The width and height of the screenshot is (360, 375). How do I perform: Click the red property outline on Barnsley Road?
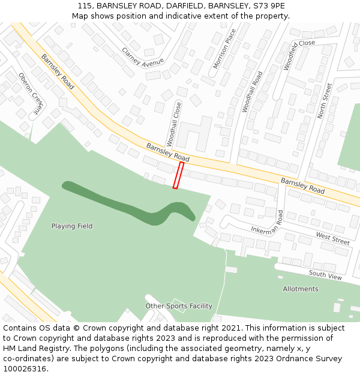click(178, 175)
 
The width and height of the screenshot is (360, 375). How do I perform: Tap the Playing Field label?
click(72, 226)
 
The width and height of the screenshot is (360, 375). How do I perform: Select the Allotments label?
click(301, 289)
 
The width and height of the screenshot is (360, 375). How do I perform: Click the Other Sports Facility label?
click(179, 306)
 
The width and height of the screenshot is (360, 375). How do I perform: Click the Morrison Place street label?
click(221, 48)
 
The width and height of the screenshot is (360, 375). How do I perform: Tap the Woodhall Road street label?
click(252, 92)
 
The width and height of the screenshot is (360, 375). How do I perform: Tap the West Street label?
click(332, 238)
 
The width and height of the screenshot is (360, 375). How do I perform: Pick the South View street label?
click(325, 275)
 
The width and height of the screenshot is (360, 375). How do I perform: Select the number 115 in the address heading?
click(84, 6)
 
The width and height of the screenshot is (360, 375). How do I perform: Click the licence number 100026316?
click(24, 369)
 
